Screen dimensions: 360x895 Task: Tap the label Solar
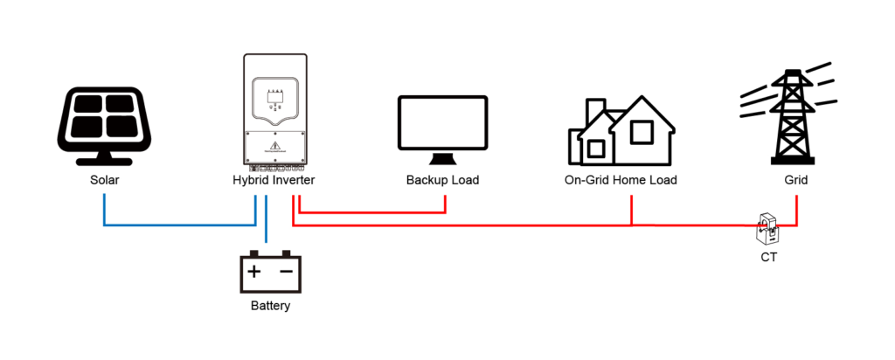pyautogui.click(x=103, y=181)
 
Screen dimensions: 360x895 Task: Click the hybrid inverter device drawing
pyautogui.click(x=274, y=111)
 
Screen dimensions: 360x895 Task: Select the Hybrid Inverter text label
pyautogui.click(x=274, y=181)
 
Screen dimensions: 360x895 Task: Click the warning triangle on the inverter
pyautogui.click(x=274, y=146)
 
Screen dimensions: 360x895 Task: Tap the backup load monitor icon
pyautogui.click(x=442, y=128)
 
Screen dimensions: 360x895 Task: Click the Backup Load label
pyautogui.click(x=442, y=181)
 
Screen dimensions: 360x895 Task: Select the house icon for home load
pyautogui.click(x=621, y=131)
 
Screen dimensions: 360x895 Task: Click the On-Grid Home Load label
pyautogui.click(x=621, y=181)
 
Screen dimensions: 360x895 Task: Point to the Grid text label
pyautogui.click(x=795, y=181)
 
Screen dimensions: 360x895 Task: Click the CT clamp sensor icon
pyautogui.click(x=767, y=231)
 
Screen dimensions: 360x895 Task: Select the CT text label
pyautogui.click(x=767, y=258)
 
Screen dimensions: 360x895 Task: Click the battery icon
pyautogui.click(x=270, y=273)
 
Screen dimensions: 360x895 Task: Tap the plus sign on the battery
pyautogui.click(x=253, y=272)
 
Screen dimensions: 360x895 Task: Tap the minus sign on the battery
pyautogui.click(x=287, y=272)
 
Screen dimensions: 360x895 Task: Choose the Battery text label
pyautogui.click(x=270, y=307)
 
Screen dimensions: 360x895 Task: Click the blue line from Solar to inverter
pyautogui.click(x=175, y=225)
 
